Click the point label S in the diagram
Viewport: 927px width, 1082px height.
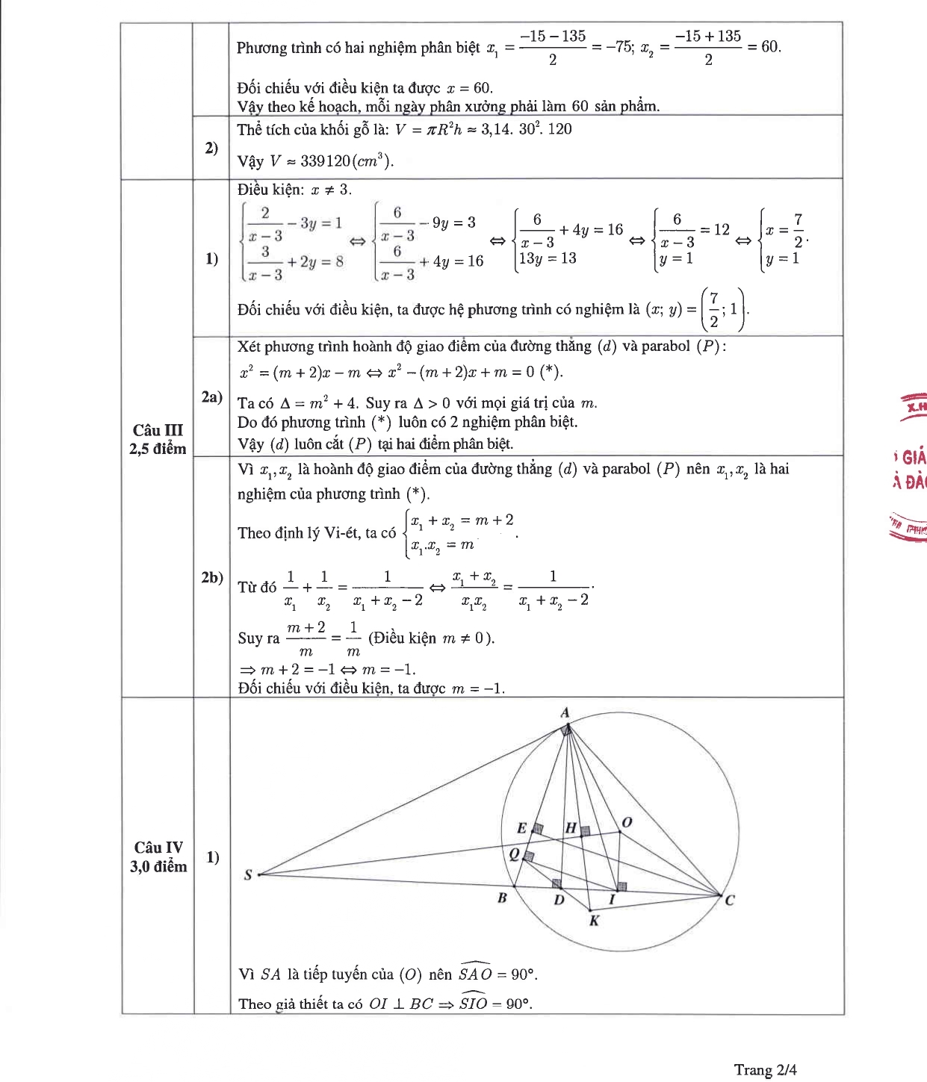click(x=248, y=874)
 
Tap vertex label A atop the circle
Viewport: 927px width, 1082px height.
click(x=565, y=712)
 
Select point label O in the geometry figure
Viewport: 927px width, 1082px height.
click(x=627, y=822)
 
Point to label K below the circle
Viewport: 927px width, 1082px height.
click(x=594, y=921)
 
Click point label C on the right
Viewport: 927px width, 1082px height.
click(x=730, y=900)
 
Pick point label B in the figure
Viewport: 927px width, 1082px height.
click(x=502, y=898)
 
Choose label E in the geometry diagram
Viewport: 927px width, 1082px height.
click(x=521, y=827)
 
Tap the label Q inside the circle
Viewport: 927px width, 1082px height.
click(x=514, y=854)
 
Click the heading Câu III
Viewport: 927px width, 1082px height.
click(x=158, y=430)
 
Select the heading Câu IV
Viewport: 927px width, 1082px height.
click(x=158, y=848)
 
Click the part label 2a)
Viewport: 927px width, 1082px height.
click(x=212, y=397)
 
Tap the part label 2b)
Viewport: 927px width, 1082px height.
click(x=212, y=577)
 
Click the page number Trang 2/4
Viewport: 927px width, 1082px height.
click(x=765, y=1069)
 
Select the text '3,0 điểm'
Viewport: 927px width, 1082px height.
click(x=158, y=866)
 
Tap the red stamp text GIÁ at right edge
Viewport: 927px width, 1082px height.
click(x=914, y=457)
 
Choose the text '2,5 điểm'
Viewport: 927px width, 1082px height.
click(x=158, y=448)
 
